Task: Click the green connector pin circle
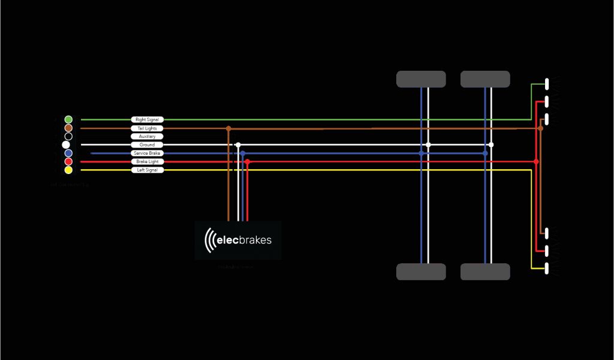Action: click(68, 119)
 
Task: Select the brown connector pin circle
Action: click(68, 128)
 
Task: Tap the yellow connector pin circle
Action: click(68, 170)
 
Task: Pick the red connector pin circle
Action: click(68, 161)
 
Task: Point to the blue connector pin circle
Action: click(68, 153)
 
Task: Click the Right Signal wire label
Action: click(147, 119)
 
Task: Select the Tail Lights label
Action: click(147, 128)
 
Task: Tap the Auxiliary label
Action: click(147, 136)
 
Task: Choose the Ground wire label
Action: click(147, 145)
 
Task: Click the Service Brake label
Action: click(147, 153)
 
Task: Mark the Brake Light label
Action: click(147, 161)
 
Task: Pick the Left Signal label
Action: click(147, 170)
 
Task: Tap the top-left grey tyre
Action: click(421, 79)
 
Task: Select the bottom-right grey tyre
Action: click(485, 272)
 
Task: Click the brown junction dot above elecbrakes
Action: click(228, 128)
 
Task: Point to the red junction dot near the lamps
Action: click(536, 161)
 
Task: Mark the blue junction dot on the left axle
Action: click(422, 153)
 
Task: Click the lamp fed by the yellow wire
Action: click(547, 267)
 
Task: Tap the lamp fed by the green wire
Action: click(547, 84)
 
